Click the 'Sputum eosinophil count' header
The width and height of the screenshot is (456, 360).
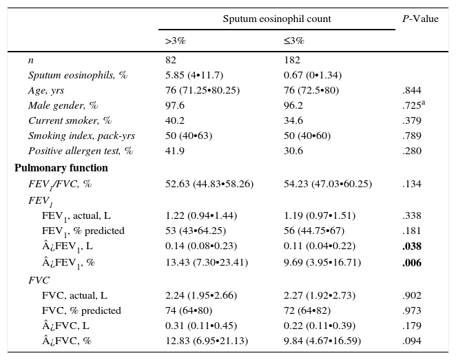tap(276, 19)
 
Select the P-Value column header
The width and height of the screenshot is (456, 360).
tap(420, 19)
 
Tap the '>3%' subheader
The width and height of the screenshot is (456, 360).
tap(176, 41)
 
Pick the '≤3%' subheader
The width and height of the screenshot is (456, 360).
tap(294, 41)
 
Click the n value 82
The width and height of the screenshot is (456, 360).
tap(171, 61)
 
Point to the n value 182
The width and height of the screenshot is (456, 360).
tap(292, 61)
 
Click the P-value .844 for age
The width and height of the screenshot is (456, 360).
tap(412, 91)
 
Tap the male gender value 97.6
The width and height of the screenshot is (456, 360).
tap(175, 106)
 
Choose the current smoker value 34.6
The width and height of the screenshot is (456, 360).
tap(293, 121)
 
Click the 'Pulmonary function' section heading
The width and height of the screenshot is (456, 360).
tap(61, 168)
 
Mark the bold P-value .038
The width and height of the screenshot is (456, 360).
tap(412, 246)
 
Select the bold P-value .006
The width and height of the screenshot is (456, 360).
tap(412, 262)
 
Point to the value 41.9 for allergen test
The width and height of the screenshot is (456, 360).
tap(175, 151)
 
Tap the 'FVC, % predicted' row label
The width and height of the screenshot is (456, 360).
tap(81, 310)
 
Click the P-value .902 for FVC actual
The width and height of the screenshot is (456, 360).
tap(412, 295)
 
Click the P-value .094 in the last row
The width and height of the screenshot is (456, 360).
tap(412, 341)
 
